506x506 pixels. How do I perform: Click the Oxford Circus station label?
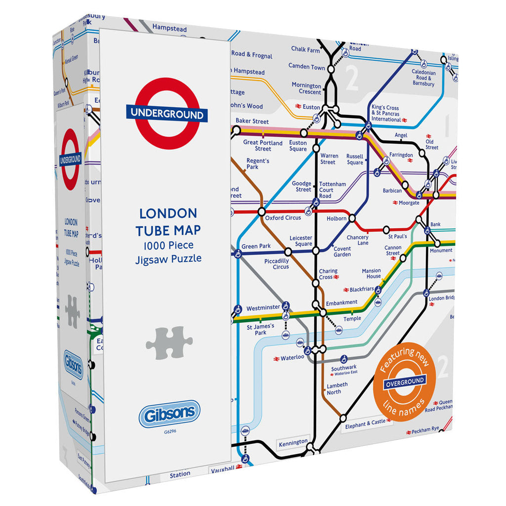(x=283, y=218)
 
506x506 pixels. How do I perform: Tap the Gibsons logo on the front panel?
(x=169, y=414)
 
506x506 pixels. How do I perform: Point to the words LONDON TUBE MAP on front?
(x=168, y=222)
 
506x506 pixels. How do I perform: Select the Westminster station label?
(x=263, y=308)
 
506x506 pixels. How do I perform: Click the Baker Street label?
(x=252, y=121)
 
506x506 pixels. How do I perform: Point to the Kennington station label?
(x=293, y=442)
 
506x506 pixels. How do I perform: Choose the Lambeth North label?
(x=337, y=388)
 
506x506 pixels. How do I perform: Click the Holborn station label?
(x=337, y=218)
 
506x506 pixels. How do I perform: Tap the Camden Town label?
(x=307, y=67)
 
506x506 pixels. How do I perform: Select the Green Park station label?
(x=256, y=247)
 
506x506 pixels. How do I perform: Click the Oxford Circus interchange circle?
(x=261, y=212)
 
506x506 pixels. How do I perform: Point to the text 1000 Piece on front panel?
(x=168, y=246)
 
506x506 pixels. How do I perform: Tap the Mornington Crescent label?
(x=306, y=88)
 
